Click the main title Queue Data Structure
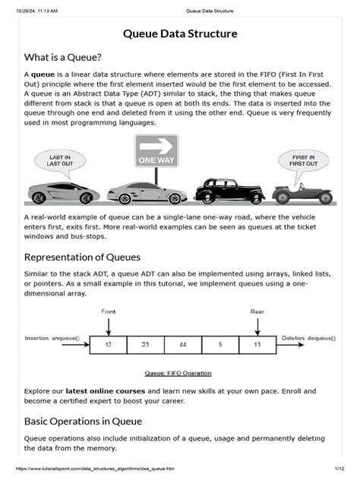[180, 34]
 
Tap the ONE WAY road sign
[156, 151]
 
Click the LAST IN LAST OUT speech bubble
[59, 161]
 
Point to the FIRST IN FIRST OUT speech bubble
[304, 161]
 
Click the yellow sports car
[62, 191]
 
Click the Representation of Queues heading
[82, 257]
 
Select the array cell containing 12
[109, 344]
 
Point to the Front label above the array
[109, 311]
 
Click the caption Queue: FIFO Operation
[178, 373]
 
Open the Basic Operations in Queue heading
[84, 420]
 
